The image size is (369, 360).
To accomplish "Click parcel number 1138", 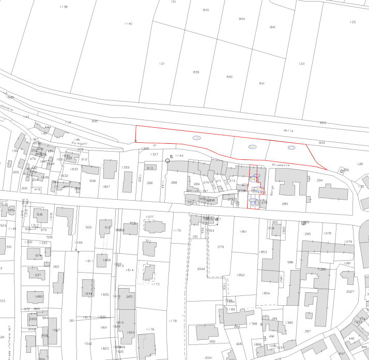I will [64, 7].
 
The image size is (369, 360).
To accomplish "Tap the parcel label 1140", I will [128, 24].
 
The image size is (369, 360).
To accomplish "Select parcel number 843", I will [206, 10].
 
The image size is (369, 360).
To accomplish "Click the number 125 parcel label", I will [352, 22].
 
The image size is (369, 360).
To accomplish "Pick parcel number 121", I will [162, 64].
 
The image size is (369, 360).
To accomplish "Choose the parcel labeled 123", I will [301, 64].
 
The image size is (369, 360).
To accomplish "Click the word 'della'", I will [288, 131].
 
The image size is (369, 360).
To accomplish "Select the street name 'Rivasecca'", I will [281, 165].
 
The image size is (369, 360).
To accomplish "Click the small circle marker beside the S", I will [167, 161].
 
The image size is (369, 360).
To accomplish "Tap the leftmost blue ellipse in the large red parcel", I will [196, 138].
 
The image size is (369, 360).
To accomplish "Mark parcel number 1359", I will [125, 168].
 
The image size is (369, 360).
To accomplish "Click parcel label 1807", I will [106, 186].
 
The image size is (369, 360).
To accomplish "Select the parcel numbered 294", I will [319, 181].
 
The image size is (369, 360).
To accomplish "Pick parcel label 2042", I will [201, 269].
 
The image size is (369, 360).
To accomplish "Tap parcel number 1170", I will [177, 231].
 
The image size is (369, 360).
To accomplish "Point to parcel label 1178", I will [173, 321].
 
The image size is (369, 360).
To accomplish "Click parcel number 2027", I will [350, 292].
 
